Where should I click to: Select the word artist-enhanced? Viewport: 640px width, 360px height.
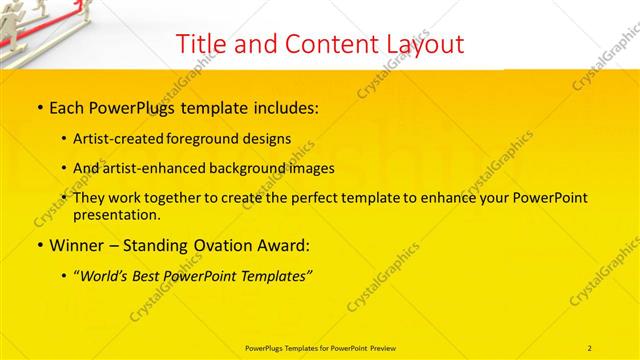coord(158,168)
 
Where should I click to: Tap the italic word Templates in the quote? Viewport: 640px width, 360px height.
coord(274,276)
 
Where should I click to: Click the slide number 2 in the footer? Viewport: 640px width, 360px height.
coord(590,347)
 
